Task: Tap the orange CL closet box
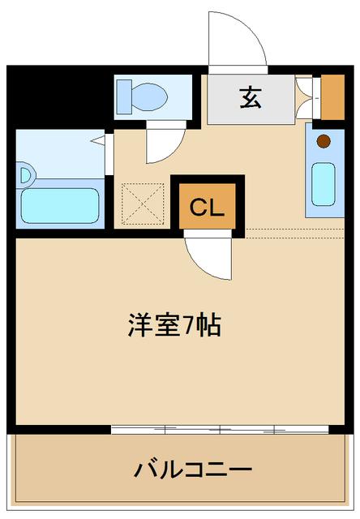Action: click(207, 208)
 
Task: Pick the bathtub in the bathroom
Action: click(60, 205)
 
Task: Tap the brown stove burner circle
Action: click(323, 141)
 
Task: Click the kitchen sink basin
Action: click(323, 185)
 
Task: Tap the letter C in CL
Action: click(197, 208)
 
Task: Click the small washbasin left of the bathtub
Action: click(24, 174)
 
